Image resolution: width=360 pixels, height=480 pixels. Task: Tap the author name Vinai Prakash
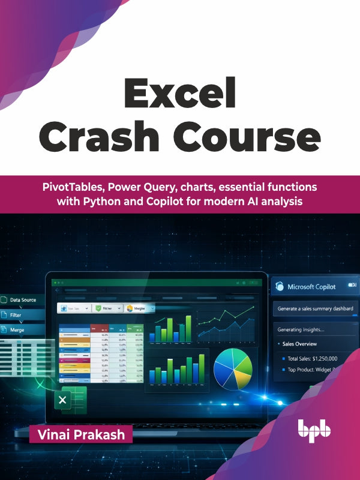tap(80, 434)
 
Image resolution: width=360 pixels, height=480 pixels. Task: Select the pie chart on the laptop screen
tap(233, 368)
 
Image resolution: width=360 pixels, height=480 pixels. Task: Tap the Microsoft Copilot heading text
tap(317, 287)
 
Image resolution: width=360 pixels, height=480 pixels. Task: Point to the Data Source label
tap(23, 299)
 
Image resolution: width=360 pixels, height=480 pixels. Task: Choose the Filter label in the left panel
tap(16, 314)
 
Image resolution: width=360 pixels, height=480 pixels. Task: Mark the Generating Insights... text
tap(300, 329)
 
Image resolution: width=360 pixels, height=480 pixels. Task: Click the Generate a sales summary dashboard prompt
tap(315, 309)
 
